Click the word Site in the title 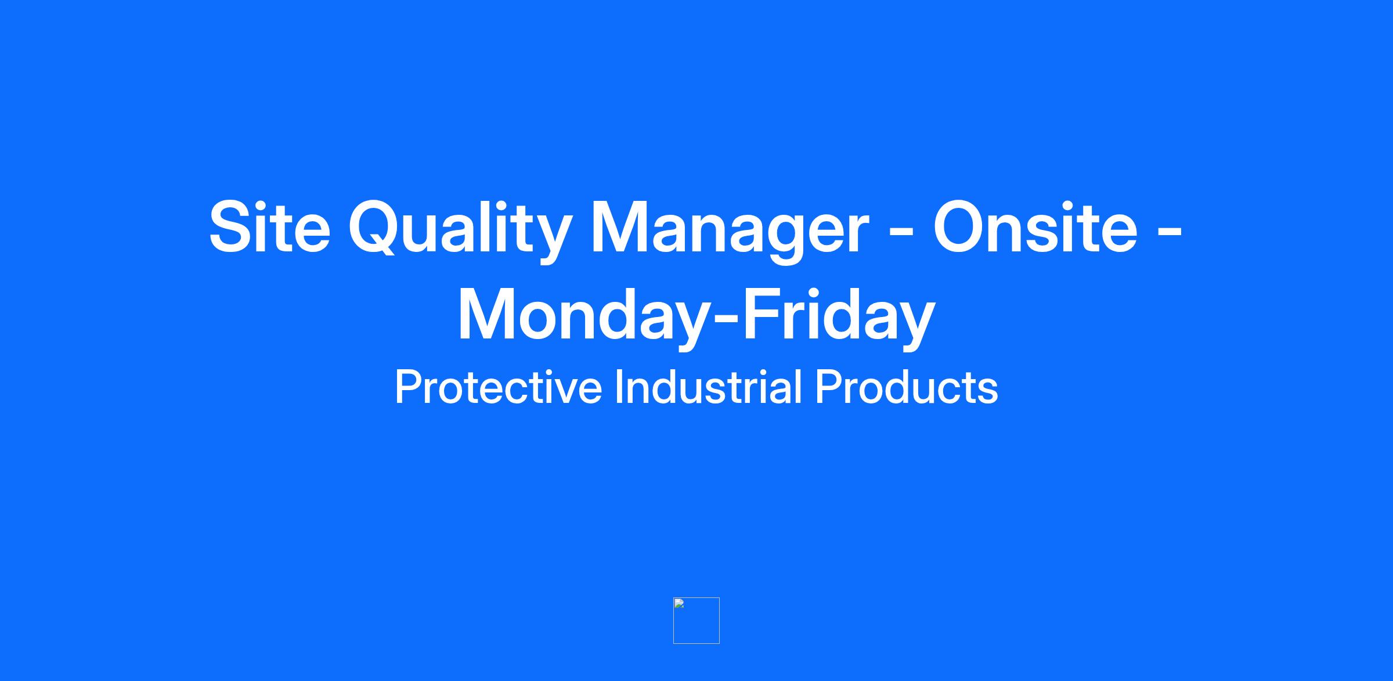[270, 227]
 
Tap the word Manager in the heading [730, 232]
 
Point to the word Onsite [1035, 227]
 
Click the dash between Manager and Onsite [902, 234]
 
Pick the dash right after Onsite [1170, 234]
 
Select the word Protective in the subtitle [499, 387]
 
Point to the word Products [907, 387]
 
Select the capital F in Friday [763, 313]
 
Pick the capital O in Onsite [961, 227]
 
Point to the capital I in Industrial [619, 386]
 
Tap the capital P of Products [829, 386]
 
